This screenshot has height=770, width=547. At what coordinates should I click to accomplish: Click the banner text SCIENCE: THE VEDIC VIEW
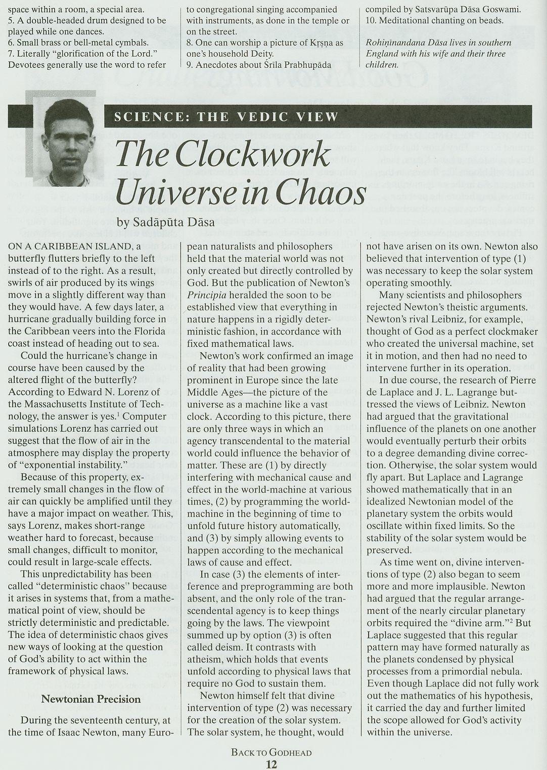(x=226, y=117)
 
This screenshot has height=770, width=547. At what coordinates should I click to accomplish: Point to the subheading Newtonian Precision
(x=91, y=699)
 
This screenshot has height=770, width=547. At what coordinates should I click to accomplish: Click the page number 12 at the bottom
(x=271, y=764)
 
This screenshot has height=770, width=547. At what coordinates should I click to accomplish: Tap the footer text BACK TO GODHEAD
(x=271, y=752)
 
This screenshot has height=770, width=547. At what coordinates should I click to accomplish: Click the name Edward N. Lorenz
(x=113, y=392)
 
